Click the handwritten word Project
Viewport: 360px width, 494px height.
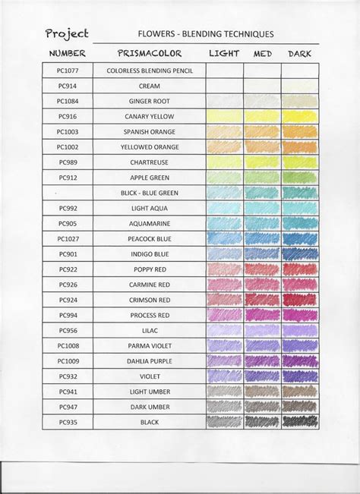point(66,34)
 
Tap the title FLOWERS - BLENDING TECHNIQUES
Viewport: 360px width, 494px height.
point(205,34)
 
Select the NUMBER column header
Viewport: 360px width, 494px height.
point(67,54)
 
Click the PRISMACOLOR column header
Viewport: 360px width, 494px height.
point(149,54)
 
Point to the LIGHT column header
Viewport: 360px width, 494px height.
point(224,54)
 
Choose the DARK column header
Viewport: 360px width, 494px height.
point(300,54)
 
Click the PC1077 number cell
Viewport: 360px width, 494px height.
point(67,71)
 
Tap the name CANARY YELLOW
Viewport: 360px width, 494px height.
point(149,116)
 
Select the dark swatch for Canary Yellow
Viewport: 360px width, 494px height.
point(300,116)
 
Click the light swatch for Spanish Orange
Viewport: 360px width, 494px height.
point(224,131)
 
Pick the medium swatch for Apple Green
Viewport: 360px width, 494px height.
point(262,178)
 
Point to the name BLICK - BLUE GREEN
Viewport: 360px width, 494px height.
point(149,193)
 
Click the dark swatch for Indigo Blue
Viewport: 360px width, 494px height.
point(300,254)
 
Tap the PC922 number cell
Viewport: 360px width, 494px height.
point(67,269)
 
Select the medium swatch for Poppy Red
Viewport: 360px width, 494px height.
point(262,269)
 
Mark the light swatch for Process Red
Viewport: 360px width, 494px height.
point(224,315)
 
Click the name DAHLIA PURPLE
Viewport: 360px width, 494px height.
point(149,361)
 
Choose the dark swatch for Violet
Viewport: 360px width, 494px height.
point(300,376)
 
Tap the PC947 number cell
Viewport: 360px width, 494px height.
point(67,407)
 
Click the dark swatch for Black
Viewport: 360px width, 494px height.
point(300,422)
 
